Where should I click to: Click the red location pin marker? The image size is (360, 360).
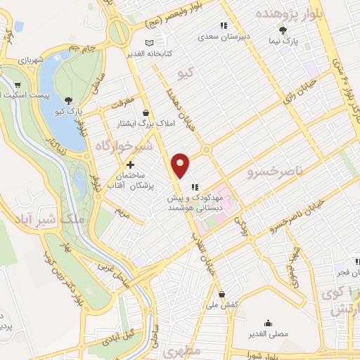pos(181,165)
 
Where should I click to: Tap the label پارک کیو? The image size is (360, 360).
pos(70,112)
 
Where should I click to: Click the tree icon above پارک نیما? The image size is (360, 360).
pos(283,30)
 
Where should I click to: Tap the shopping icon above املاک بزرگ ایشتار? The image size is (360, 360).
pos(146,112)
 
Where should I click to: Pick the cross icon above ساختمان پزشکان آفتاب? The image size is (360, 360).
pos(130,165)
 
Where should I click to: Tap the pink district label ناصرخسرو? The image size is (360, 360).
pos(275,170)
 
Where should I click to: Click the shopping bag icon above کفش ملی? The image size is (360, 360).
pos(221,295)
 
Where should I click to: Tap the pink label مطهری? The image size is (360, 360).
pos(184,349)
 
